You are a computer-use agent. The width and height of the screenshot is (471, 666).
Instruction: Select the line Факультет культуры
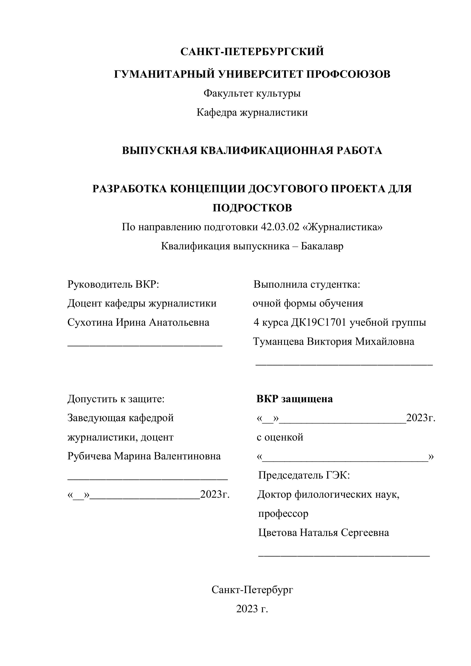[x=252, y=93]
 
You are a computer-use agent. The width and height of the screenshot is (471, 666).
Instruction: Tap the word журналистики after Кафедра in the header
[x=274, y=112]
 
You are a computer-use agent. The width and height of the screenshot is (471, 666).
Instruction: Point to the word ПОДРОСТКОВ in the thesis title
[x=252, y=208]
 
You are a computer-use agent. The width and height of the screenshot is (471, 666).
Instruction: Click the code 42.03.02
[x=280, y=227]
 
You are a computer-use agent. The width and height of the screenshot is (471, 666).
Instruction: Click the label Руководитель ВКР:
[x=113, y=284]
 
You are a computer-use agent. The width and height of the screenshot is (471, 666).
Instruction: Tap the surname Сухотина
[x=90, y=322]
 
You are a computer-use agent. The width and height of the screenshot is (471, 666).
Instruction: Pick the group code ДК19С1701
[x=319, y=322]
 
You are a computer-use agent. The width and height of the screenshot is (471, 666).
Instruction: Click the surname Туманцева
[x=278, y=341]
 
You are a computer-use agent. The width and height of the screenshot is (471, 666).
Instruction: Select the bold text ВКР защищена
[x=294, y=399]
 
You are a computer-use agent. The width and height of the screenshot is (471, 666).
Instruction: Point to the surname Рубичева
[x=89, y=456]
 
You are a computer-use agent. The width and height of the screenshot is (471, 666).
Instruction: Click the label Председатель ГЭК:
[x=304, y=475]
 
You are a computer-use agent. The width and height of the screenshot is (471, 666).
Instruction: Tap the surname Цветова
[x=278, y=533]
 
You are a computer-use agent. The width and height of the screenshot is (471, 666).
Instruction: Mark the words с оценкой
[x=280, y=437]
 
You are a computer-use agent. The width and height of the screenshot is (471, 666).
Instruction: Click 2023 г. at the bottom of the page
[x=252, y=609]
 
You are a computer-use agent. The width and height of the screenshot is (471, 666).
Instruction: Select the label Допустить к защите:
[x=116, y=399]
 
